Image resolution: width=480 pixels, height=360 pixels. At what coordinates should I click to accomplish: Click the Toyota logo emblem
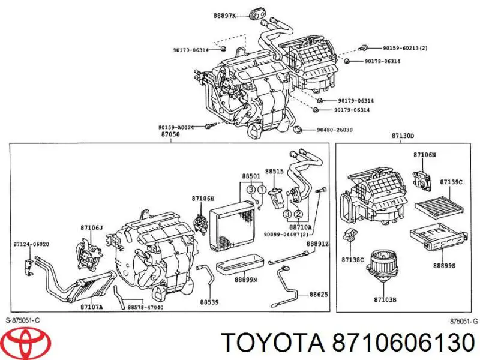tap(29, 341)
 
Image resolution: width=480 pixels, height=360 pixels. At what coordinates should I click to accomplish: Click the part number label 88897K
tap(224, 16)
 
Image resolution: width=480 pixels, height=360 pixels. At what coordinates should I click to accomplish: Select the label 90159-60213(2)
tap(405, 48)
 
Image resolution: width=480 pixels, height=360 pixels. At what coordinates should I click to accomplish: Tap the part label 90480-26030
tap(334, 130)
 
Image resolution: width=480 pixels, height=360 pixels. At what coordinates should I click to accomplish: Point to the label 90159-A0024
tap(176, 127)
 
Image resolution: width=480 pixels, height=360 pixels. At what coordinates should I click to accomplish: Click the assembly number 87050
tap(170, 134)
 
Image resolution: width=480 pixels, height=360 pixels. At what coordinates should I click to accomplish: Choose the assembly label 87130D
tap(403, 136)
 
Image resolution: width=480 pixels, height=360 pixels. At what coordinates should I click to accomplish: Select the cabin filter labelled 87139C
tap(439, 205)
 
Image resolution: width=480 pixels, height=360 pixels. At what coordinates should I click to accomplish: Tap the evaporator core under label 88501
tap(232, 226)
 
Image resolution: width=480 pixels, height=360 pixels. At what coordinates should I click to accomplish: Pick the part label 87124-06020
tap(31, 244)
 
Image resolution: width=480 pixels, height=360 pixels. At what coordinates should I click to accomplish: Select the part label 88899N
tap(246, 280)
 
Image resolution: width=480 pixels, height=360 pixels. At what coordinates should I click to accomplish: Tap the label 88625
tap(319, 295)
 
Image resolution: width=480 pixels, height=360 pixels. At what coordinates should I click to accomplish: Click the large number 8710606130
tap(403, 342)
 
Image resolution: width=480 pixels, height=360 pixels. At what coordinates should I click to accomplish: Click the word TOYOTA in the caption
tap(272, 342)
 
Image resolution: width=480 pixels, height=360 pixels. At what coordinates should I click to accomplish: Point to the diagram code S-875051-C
tap(23, 320)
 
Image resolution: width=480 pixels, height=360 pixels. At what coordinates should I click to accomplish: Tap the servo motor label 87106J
tap(92, 227)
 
